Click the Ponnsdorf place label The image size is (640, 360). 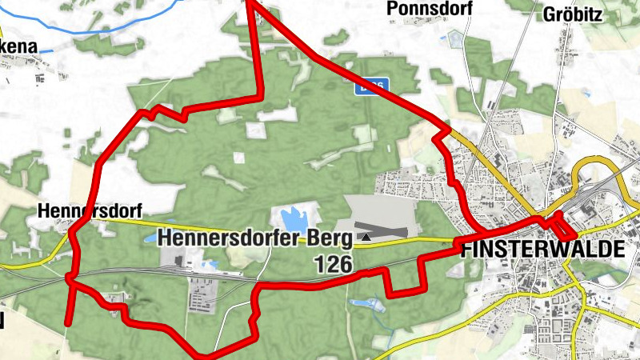coord(429,9)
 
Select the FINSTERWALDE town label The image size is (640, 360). coord(542,249)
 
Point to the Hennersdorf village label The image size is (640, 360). coord(90,212)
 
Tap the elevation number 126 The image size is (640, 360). coord(334,264)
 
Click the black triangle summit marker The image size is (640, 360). coord(366,236)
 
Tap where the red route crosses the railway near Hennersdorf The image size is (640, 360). coord(70,277)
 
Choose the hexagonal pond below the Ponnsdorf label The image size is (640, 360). coord(457,38)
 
